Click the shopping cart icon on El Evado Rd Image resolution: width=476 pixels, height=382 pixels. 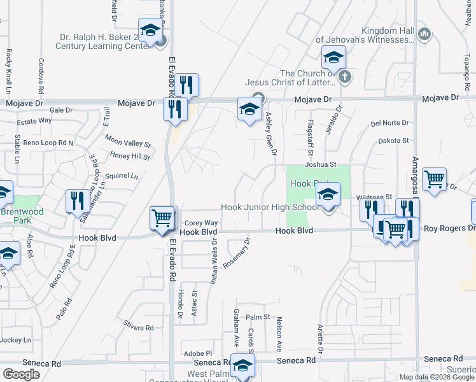(x=162, y=218)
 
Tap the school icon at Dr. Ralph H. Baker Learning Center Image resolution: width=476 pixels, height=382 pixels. (x=150, y=31)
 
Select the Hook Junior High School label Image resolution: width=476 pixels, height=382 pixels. (x=270, y=207)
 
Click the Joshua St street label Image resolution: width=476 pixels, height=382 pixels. (x=320, y=164)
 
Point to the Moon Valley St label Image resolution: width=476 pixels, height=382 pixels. (x=128, y=143)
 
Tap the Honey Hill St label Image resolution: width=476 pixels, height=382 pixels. (x=130, y=156)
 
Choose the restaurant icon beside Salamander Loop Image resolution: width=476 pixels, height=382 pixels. (x=75, y=201)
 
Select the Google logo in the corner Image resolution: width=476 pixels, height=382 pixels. (x=21, y=374)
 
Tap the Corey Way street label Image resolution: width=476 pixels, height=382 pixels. (x=201, y=223)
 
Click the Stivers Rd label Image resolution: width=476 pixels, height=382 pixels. (x=139, y=327)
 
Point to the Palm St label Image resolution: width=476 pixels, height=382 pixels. (x=258, y=316)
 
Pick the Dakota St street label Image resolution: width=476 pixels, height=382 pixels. (x=393, y=140)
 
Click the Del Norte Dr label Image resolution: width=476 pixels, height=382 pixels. (x=390, y=123)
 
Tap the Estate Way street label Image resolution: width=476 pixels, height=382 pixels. (x=34, y=120)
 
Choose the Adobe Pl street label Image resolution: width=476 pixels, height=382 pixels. (x=197, y=353)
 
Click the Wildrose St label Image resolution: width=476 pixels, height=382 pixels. (x=374, y=197)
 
